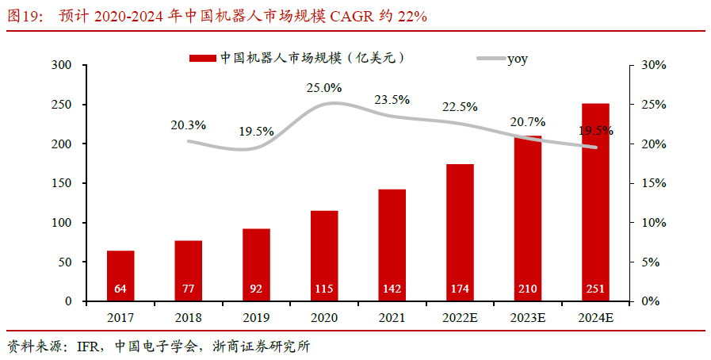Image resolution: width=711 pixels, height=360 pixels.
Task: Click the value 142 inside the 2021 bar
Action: tap(392, 289)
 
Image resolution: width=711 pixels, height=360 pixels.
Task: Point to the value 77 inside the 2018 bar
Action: tap(189, 289)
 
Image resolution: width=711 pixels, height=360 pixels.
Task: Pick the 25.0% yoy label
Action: tap(324, 88)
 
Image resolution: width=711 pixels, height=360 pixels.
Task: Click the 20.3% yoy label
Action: tap(189, 124)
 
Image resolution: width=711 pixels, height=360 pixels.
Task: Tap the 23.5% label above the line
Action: tap(392, 100)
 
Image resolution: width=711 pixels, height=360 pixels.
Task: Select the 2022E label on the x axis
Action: tap(460, 318)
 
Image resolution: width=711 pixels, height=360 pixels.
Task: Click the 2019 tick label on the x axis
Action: tap(256, 318)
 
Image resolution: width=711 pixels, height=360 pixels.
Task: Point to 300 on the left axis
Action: tap(60, 65)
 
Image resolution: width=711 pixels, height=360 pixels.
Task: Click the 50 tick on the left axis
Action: tap(63, 262)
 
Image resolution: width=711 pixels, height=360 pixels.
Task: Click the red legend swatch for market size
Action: tap(202, 58)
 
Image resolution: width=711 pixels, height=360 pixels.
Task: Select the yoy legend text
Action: tap(518, 58)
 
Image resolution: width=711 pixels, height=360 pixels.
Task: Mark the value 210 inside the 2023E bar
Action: tap(528, 289)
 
